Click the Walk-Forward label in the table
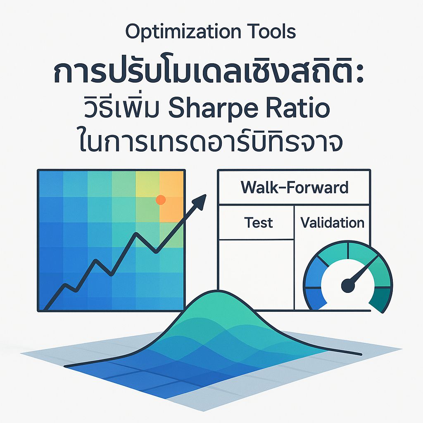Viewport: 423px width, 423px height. pos(294,188)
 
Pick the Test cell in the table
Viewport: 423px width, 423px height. pos(258,223)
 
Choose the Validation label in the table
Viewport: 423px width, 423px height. pos(332,223)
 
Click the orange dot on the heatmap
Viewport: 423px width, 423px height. pos(161,200)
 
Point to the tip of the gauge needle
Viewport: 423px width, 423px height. pos(377,257)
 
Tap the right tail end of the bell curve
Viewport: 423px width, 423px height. pos(359,354)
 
